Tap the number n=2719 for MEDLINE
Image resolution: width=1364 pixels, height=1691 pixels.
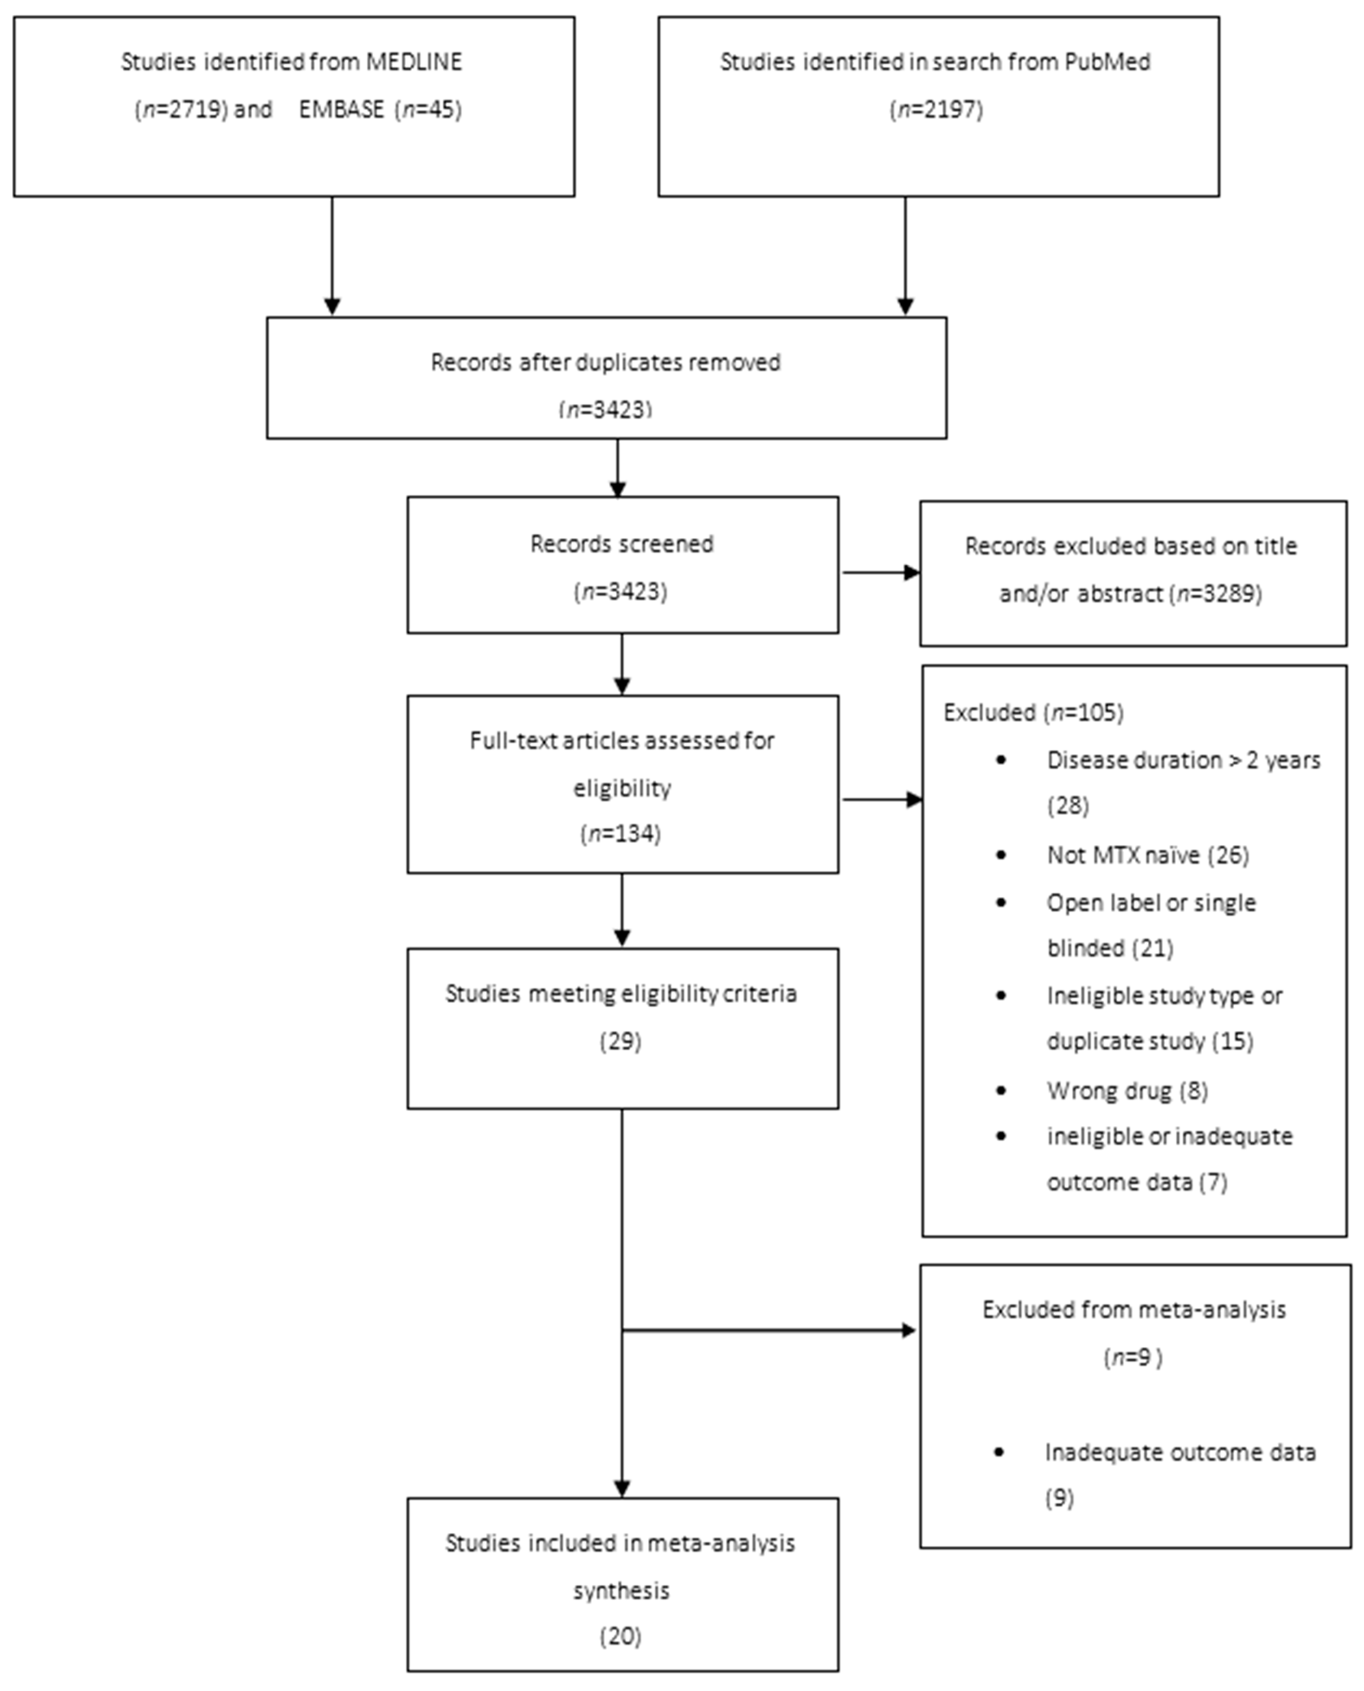point(182,109)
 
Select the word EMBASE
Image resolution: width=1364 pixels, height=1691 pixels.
point(341,109)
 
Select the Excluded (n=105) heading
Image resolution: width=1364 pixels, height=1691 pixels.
point(1033,713)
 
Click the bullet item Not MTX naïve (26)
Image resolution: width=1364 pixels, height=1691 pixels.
point(1147,854)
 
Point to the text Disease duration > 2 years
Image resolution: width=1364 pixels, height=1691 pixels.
point(1183,760)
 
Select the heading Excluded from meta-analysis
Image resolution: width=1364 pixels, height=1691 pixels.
point(1134,1309)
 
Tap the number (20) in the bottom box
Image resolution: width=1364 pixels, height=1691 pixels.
point(621,1637)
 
